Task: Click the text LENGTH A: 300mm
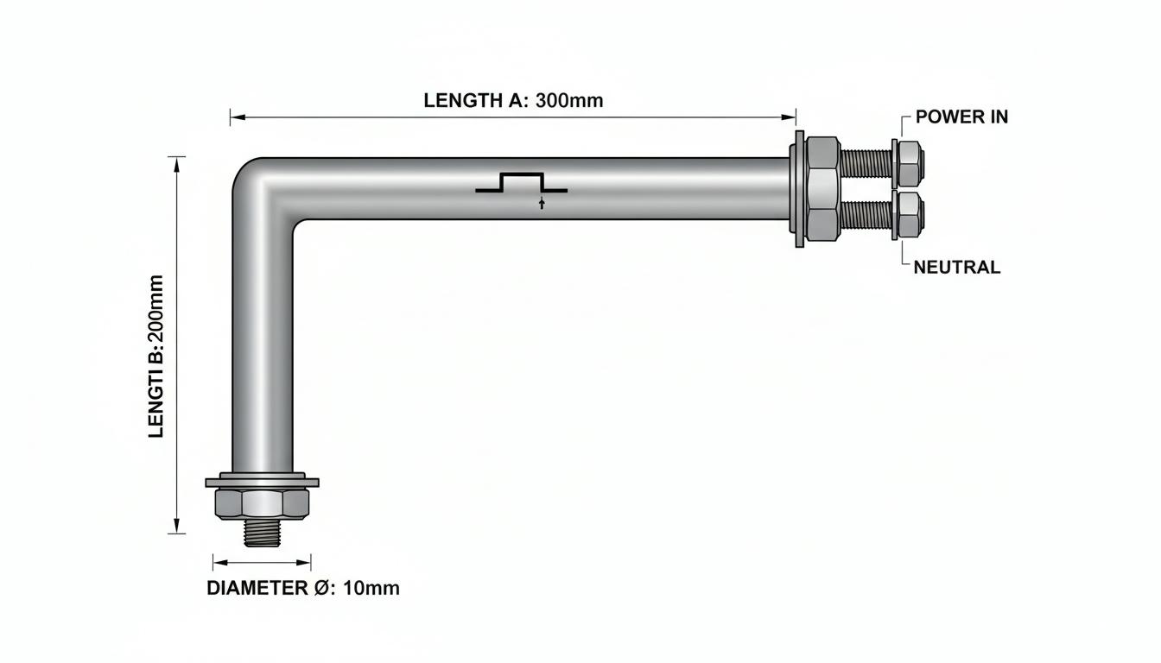513,100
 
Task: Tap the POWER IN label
962,117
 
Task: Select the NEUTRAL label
957,268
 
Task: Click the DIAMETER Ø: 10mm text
303,589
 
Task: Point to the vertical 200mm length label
156,357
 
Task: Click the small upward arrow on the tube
542,203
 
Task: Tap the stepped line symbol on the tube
522,182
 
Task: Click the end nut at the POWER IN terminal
911,163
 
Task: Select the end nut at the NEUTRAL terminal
911,216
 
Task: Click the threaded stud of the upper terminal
866,163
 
